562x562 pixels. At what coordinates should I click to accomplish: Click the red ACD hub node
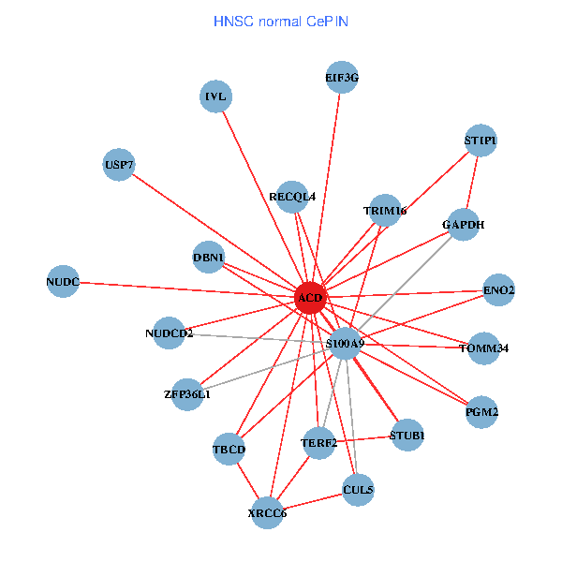[x=310, y=298]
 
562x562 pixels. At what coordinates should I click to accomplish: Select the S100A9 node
[x=346, y=344]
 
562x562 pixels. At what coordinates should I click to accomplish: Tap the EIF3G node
[x=342, y=78]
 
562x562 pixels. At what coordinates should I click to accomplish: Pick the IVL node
[x=216, y=96]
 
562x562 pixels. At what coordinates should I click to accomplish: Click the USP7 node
[x=119, y=165]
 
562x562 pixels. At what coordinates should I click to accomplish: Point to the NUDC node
[x=63, y=281]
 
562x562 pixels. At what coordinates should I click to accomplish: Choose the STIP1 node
[x=481, y=140]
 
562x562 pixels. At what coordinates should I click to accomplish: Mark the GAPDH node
[x=463, y=225]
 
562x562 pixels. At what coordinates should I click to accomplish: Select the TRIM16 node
[x=385, y=212]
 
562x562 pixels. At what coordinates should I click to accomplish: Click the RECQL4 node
[x=292, y=197]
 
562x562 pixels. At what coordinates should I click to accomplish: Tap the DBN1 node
[x=208, y=258]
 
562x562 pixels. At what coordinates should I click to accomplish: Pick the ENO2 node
[x=498, y=290]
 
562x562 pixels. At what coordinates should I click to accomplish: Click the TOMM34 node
[x=484, y=348]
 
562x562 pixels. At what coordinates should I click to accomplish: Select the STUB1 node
[x=407, y=436]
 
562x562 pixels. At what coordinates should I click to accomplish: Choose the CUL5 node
[x=359, y=489]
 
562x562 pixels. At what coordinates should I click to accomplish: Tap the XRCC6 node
[x=268, y=512]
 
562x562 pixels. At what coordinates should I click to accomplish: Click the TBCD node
[x=229, y=449]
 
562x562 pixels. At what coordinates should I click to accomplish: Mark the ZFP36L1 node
[x=187, y=393]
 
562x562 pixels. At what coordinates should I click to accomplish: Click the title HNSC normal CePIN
[x=281, y=21]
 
